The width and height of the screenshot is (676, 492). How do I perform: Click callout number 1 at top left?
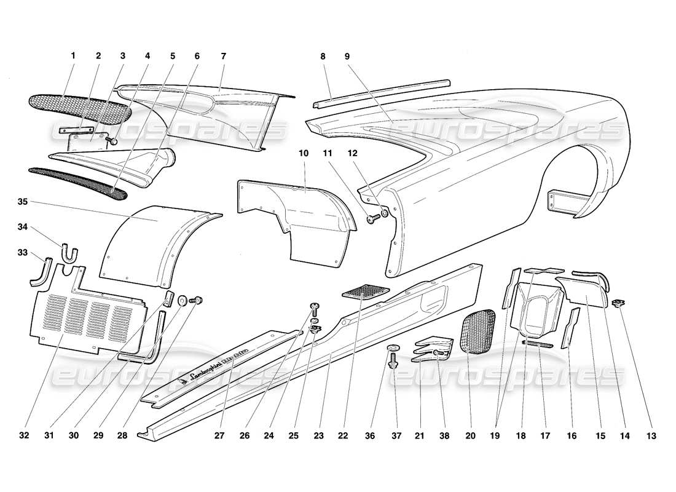(x=73, y=55)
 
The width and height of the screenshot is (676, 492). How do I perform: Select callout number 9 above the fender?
(x=347, y=55)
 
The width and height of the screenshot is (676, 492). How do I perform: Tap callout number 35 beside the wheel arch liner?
(x=23, y=200)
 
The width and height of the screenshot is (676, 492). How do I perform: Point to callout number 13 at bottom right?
(x=651, y=436)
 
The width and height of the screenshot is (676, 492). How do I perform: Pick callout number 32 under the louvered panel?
(x=23, y=436)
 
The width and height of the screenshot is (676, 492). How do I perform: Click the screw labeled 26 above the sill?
(x=314, y=307)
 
